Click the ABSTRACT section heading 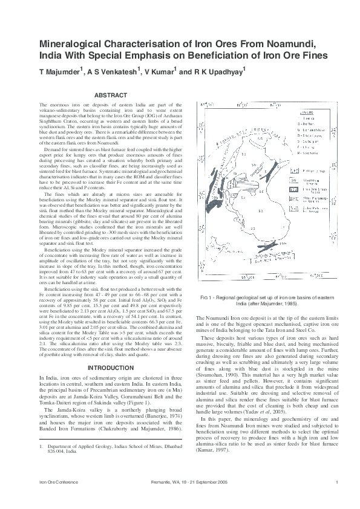pyautogui.click(x=111, y=95)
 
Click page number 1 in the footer pyautogui.click(x=335, y=498)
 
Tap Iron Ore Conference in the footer pyautogui.click(x=55, y=498)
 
